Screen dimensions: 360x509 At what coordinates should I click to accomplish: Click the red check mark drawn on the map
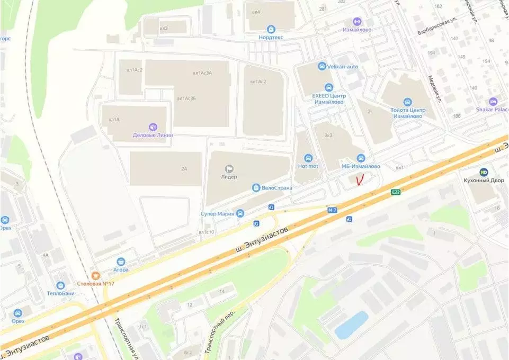pyautogui.click(x=360, y=180)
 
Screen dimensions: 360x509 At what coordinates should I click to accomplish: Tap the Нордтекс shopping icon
pyautogui.click(x=271, y=29)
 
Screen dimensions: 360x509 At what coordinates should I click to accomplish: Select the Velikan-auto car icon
pyautogui.click(x=322, y=66)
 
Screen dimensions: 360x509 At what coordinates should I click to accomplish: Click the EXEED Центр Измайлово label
pyautogui.click(x=328, y=98)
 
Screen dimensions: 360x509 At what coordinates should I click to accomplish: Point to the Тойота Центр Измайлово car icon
pyautogui.click(x=407, y=102)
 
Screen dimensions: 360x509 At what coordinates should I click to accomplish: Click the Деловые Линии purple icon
pyautogui.click(x=153, y=127)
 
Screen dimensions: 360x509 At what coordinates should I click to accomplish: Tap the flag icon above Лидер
pyautogui.click(x=229, y=168)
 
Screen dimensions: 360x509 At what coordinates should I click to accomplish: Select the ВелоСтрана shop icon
pyautogui.click(x=256, y=187)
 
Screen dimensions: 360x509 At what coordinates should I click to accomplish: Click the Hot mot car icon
pyautogui.click(x=308, y=158)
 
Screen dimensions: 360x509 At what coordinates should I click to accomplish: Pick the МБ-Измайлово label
pyautogui.click(x=360, y=166)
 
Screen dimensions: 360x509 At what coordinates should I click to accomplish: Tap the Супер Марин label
pyautogui.click(x=217, y=213)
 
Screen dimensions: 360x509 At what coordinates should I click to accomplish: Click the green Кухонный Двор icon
pyautogui.click(x=483, y=172)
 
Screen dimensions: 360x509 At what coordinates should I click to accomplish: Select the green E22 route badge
pyautogui.click(x=396, y=192)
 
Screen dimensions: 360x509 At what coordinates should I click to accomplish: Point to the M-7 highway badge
pyautogui.click(x=332, y=210)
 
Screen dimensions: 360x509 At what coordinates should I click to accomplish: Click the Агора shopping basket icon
pyautogui.click(x=121, y=261)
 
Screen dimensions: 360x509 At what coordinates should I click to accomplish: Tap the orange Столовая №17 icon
pyautogui.click(x=95, y=275)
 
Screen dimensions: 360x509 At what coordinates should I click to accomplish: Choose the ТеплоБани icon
pyautogui.click(x=60, y=285)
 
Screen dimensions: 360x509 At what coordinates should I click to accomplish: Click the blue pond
pyautogui.click(x=351, y=325)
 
